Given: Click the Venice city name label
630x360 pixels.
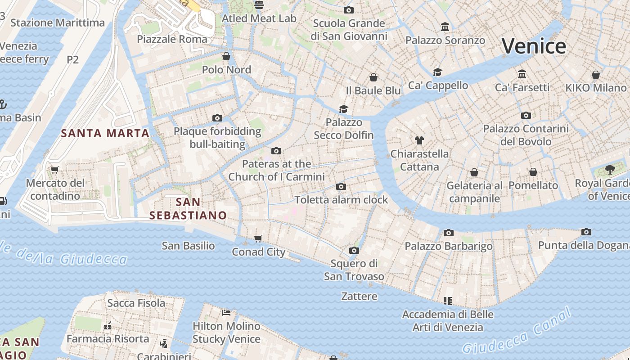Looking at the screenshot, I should point(534,46).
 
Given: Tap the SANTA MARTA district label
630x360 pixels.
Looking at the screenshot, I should point(105,133).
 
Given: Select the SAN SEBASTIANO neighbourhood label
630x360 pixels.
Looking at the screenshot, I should point(188,208).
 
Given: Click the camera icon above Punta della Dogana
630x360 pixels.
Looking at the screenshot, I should point(586,232).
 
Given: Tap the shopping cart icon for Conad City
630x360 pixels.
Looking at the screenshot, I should point(258,238).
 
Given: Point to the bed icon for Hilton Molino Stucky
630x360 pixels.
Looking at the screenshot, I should point(226,312).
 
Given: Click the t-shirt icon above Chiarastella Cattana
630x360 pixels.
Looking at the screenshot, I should point(419,140).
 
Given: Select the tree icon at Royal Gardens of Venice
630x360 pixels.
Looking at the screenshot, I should point(610,170).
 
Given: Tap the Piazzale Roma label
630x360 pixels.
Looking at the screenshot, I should point(172,39).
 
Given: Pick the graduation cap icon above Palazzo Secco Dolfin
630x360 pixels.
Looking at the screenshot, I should point(344,109).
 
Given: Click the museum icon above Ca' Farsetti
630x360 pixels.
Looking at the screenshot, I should point(522,74).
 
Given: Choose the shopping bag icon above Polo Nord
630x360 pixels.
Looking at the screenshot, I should point(226,56).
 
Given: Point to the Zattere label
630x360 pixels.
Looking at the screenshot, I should point(359,296).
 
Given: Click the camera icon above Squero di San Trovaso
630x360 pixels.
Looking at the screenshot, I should point(354,250).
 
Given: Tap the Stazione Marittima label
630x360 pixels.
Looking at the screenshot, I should point(58,22).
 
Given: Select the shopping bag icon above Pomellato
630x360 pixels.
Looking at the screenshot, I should point(533,172).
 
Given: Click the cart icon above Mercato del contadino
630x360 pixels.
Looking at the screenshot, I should point(55,170).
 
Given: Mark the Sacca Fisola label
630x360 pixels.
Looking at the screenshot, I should point(136,303).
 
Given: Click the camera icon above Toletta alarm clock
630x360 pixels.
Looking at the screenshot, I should point(341,186).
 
